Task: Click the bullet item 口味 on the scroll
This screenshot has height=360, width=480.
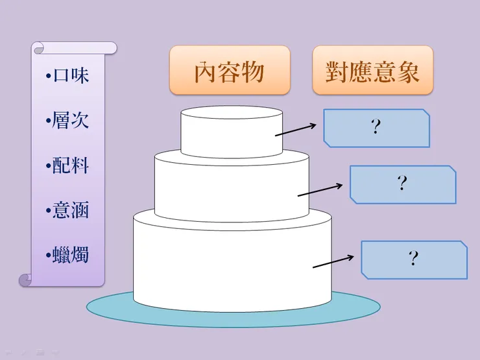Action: tap(68, 76)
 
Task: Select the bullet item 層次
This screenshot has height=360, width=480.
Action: tap(68, 121)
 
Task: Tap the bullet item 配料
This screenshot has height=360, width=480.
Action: tap(68, 165)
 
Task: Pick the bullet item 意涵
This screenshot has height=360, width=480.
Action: tap(68, 210)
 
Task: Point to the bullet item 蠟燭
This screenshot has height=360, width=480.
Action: tap(68, 255)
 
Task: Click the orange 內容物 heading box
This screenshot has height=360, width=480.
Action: tap(230, 70)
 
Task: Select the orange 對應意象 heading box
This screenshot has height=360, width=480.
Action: tap(372, 70)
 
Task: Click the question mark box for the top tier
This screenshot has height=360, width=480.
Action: tap(376, 128)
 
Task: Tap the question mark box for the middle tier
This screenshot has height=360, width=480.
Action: tap(403, 184)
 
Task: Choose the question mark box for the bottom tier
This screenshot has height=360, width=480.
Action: tap(414, 259)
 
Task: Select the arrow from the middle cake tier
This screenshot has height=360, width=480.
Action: tap(320, 189)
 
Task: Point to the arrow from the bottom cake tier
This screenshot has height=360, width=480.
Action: tap(333, 261)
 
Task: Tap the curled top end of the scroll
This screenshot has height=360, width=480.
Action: tap(39, 48)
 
